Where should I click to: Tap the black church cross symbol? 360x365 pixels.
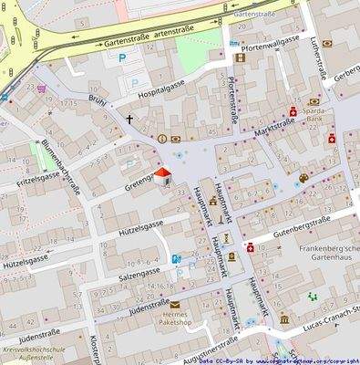(x=129, y=119)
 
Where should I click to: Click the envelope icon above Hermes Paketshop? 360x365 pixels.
(x=174, y=305)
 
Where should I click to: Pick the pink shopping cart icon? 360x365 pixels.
(x=40, y=89)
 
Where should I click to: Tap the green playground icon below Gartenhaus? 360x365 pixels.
(x=314, y=297)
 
